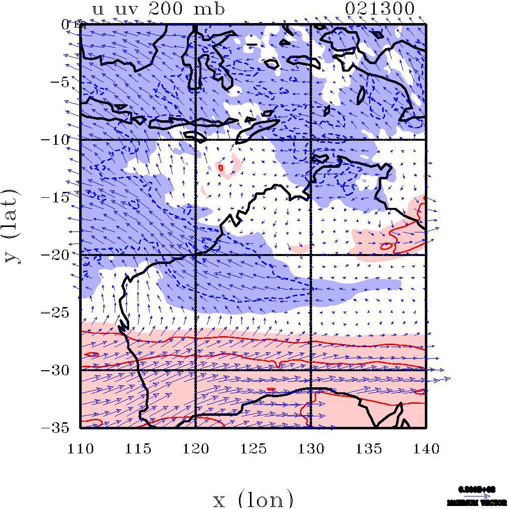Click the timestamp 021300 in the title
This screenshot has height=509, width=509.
(380, 9)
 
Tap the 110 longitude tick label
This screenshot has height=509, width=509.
(80, 448)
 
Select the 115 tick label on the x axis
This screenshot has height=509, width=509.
(138, 448)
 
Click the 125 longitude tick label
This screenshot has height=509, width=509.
(253, 448)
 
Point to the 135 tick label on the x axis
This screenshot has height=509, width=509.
(368, 448)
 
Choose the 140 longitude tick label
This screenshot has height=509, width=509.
(426, 448)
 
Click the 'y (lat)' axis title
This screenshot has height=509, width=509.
(12, 226)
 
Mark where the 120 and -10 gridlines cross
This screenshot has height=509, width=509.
(195, 139)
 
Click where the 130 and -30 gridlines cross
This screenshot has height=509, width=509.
(311, 370)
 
